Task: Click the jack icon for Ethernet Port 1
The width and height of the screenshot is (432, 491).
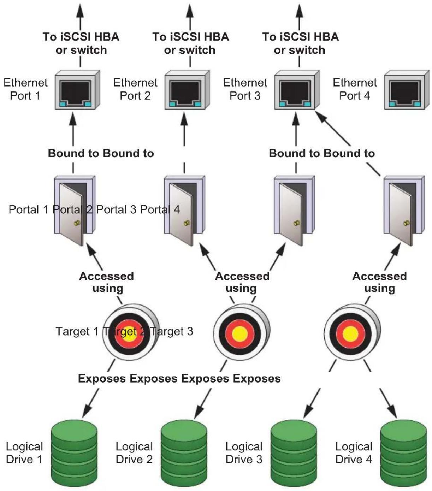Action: [77, 90]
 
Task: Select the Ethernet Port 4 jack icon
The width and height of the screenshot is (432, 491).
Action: [407, 90]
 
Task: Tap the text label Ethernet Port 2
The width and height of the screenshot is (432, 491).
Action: [135, 89]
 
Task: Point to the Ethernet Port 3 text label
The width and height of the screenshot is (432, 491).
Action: [245, 89]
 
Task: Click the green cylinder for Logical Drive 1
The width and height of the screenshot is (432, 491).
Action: [75, 453]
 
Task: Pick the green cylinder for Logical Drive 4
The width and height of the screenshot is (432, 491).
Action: [404, 453]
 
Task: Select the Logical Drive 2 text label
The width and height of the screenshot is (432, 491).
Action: [134, 453]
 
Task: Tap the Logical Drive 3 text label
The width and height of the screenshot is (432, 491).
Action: [244, 453]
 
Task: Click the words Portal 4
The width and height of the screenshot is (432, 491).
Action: [160, 209]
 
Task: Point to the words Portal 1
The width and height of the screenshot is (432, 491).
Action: [29, 209]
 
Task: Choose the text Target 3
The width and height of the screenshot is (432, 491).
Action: [172, 331]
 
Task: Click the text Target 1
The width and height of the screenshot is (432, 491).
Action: [77, 331]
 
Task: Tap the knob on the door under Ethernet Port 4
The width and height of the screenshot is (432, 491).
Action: [407, 223]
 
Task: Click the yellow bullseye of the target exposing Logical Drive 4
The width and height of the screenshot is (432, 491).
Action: [350, 334]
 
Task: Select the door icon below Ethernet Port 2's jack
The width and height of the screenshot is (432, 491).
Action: [185, 211]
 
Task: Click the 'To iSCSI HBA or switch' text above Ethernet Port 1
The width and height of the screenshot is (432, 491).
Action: [81, 43]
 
